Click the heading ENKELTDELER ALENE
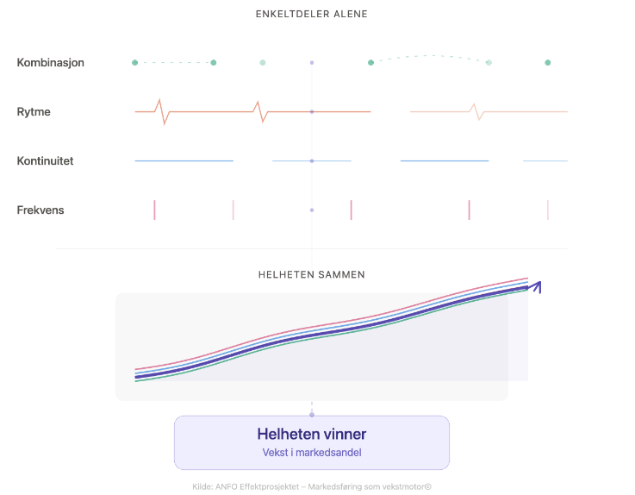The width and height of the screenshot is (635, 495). pyautogui.click(x=312, y=15)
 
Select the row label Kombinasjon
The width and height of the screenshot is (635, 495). pyautogui.click(x=51, y=63)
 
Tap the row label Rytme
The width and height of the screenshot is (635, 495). pyautogui.click(x=34, y=112)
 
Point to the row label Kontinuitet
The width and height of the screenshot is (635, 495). pyautogui.click(x=45, y=161)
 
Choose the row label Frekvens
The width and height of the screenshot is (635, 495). pyautogui.click(x=40, y=210)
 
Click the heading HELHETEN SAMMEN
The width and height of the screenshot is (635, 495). pyautogui.click(x=312, y=275)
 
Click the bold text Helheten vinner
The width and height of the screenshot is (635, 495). pyautogui.click(x=312, y=434)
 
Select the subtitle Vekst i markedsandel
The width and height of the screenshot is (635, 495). pyautogui.click(x=312, y=453)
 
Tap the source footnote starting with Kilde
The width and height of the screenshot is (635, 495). pyautogui.click(x=312, y=486)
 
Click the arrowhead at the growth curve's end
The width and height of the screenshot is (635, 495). pyautogui.click(x=537, y=285)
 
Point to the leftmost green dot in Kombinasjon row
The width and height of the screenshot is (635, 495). pyautogui.click(x=135, y=63)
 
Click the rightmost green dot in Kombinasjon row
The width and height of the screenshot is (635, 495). pyautogui.click(x=548, y=63)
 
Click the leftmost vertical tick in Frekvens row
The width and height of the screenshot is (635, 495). pyautogui.click(x=155, y=210)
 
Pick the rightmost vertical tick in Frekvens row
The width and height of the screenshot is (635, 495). pyautogui.click(x=548, y=210)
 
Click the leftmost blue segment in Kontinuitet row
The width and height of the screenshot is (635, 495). pyautogui.click(x=184, y=161)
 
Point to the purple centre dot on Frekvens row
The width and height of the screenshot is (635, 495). pyautogui.click(x=312, y=210)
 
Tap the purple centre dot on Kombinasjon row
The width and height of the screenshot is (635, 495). pyautogui.click(x=312, y=63)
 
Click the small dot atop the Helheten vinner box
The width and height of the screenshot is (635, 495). pyautogui.click(x=312, y=415)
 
